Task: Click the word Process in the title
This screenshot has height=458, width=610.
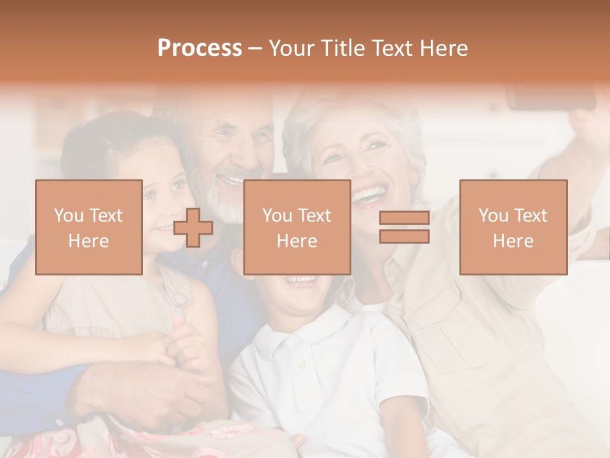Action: tap(200, 48)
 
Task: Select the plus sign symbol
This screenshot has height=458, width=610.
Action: tap(193, 228)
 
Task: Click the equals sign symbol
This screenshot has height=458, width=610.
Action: tap(404, 227)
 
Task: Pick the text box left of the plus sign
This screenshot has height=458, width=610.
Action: tap(89, 228)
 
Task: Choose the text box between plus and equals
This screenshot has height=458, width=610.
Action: tap(297, 228)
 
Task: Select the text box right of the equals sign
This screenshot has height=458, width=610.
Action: tap(513, 228)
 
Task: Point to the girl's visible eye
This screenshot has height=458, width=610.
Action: tap(179, 184)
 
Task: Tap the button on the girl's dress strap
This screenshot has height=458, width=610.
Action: tap(180, 298)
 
